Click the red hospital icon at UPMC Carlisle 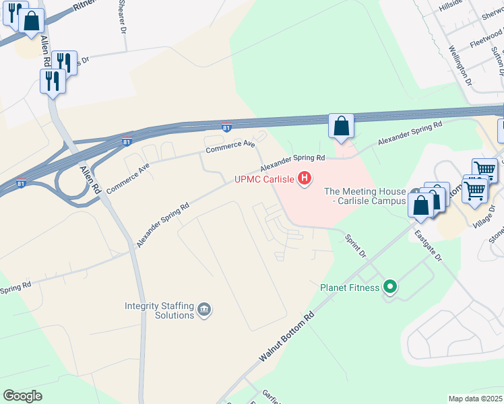click(x=305, y=178)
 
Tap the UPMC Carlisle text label click(x=265, y=179)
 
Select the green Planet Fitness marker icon click(x=389, y=288)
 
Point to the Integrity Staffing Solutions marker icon click(x=205, y=310)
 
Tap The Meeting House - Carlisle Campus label click(x=365, y=196)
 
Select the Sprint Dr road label click(x=355, y=246)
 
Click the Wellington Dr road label click(x=460, y=65)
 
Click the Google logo click(x=22, y=396)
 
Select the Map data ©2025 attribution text click(x=475, y=399)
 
